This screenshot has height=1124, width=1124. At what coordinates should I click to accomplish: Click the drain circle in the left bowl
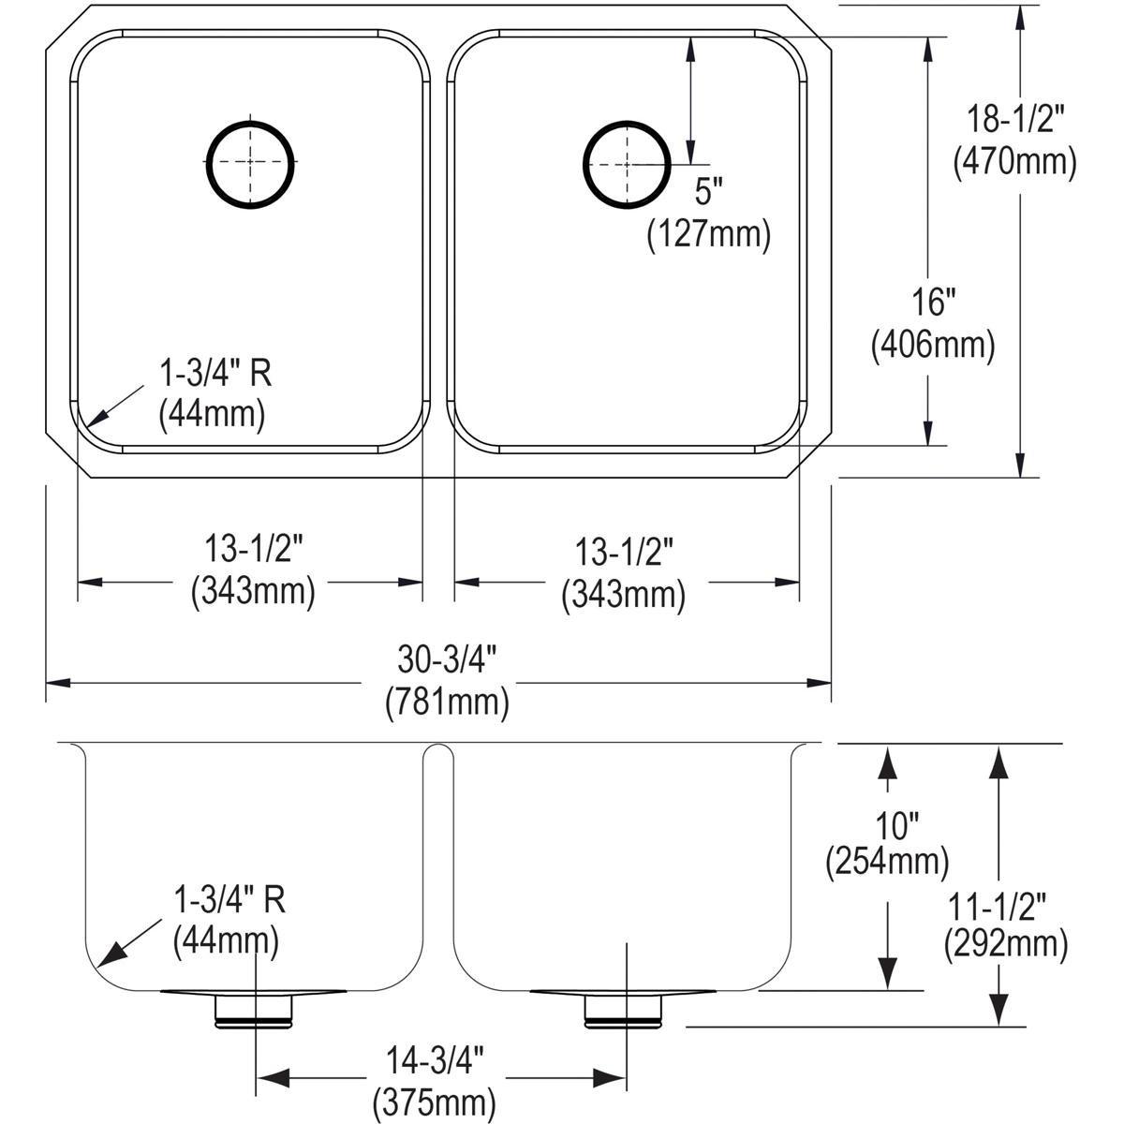pos(250,162)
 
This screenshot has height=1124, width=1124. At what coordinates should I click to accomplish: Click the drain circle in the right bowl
pos(627,162)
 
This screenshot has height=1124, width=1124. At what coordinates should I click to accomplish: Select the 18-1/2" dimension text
pos(1016,120)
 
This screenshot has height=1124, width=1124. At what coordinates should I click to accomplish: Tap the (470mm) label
pos(1014,162)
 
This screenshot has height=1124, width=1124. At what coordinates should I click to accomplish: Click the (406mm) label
pos(932,347)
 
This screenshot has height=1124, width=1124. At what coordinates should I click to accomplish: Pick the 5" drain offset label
pos(709,192)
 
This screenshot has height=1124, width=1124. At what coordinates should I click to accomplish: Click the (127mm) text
pos(708,234)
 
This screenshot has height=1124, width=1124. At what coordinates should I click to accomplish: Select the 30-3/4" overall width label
pos(447,660)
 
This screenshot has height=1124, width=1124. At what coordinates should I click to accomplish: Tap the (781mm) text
pos(447,702)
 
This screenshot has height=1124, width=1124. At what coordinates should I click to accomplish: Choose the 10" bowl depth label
pos(887,825)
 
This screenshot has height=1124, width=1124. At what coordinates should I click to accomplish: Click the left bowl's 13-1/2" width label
pos(253,550)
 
